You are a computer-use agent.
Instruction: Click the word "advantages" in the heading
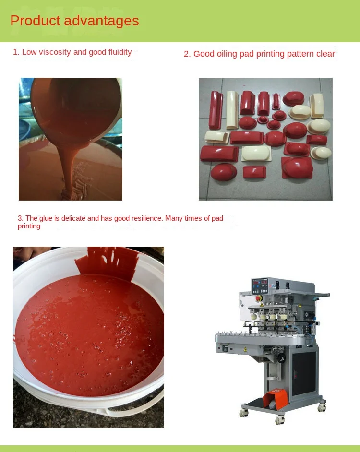click(101, 21)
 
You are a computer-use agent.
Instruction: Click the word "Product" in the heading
click(35, 21)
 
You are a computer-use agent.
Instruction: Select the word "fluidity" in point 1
click(120, 52)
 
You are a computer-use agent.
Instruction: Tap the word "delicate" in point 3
click(73, 218)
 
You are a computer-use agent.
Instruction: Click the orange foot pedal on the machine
click(276, 398)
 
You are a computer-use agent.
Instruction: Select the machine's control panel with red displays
click(260, 286)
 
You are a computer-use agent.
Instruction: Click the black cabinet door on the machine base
click(304, 373)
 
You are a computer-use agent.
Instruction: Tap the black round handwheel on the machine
click(281, 358)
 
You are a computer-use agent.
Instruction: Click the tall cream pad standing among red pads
click(232, 110)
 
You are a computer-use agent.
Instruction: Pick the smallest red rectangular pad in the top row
click(276, 101)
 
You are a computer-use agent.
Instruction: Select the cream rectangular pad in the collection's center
click(256, 153)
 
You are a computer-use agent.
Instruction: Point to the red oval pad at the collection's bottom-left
click(224, 172)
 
